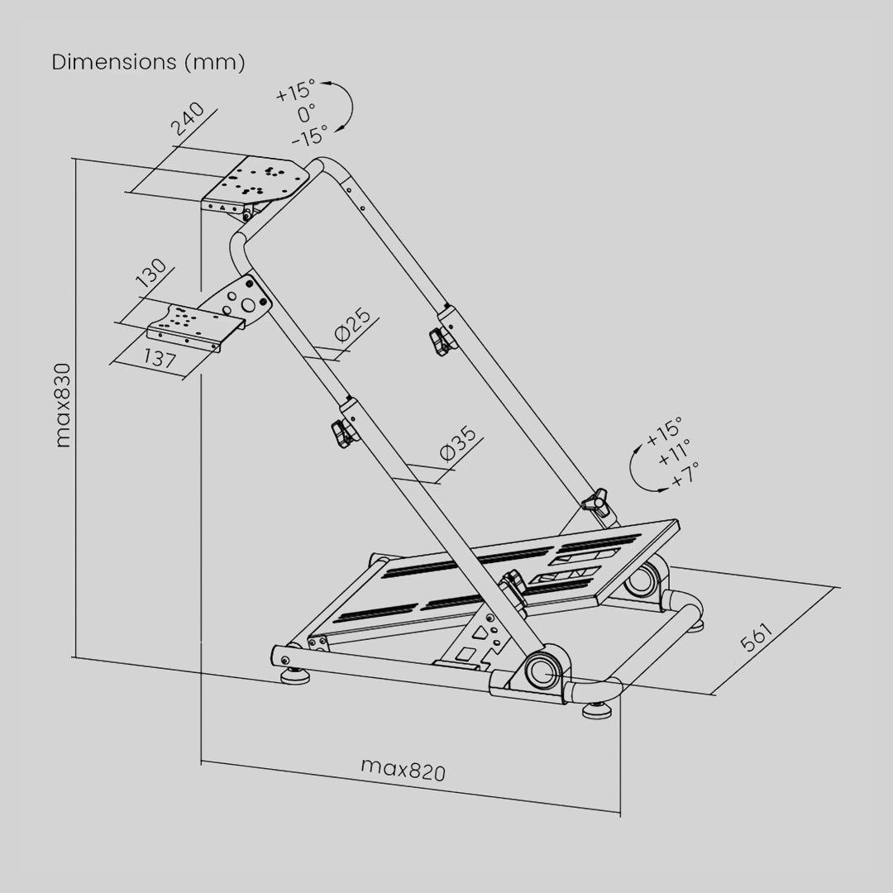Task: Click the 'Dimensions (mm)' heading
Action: (x=148, y=62)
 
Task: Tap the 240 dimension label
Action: (x=188, y=119)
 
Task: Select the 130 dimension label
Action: (x=152, y=273)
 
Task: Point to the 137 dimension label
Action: (x=160, y=358)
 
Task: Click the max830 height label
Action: (x=63, y=405)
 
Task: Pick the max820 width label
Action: (x=404, y=770)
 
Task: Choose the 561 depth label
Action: (x=756, y=637)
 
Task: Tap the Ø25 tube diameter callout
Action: (x=353, y=325)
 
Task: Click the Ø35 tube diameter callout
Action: (x=458, y=443)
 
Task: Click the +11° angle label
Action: (x=675, y=452)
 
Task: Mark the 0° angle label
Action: (x=307, y=113)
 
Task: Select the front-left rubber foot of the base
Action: (x=295, y=676)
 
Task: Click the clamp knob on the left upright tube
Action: (x=343, y=434)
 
